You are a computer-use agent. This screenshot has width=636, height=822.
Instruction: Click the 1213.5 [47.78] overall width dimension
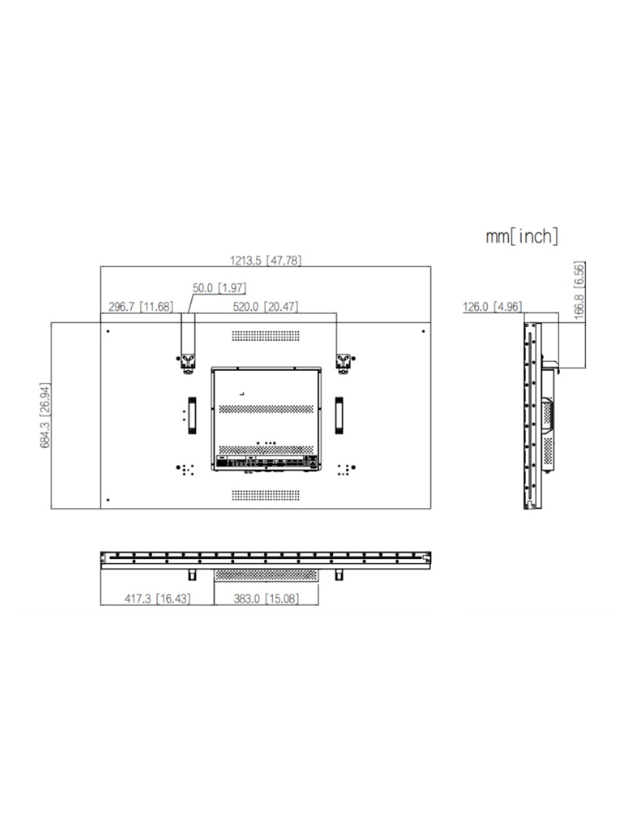(x=265, y=261)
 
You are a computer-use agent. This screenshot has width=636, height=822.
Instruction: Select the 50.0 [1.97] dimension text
(x=219, y=288)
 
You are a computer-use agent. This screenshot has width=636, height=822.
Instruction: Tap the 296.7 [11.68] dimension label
(x=140, y=307)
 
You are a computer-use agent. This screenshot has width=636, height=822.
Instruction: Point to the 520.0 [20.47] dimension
(x=265, y=307)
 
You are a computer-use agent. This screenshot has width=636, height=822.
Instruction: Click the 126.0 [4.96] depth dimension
(x=492, y=307)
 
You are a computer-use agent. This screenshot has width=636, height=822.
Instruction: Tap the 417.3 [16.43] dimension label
(x=157, y=599)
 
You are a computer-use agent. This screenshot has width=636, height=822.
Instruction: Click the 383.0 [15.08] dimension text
(x=266, y=599)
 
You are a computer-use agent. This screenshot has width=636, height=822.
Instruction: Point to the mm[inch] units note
(x=522, y=236)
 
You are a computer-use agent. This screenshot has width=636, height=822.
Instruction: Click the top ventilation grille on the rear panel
(x=266, y=335)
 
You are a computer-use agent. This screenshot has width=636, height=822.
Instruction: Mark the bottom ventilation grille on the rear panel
(x=266, y=495)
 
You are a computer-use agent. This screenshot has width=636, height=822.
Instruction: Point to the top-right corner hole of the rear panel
(x=423, y=331)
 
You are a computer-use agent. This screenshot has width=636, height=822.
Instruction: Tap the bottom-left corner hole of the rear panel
(x=109, y=501)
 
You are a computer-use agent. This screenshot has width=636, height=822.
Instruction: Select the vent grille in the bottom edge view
(x=266, y=575)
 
